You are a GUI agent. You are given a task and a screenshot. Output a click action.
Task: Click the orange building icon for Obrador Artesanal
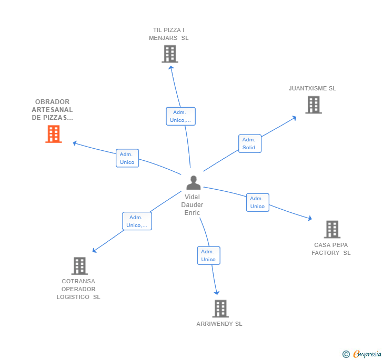(x=53, y=134)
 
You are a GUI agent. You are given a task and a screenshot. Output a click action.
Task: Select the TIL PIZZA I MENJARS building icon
(x=169, y=54)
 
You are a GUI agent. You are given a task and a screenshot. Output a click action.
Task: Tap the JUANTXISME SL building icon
(x=314, y=105)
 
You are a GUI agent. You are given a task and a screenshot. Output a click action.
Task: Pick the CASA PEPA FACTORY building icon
(x=331, y=229)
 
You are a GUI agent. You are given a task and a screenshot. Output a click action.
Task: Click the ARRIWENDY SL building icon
(x=220, y=308)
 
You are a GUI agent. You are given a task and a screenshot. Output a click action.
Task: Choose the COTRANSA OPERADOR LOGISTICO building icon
(x=79, y=266)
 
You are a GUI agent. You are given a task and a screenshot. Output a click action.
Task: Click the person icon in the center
(x=193, y=183)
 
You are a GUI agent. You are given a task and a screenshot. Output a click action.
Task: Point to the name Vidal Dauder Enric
(x=192, y=205)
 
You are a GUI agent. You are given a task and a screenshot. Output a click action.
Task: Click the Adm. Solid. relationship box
(x=249, y=143)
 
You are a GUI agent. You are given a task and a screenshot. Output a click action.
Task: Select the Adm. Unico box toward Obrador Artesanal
(x=127, y=158)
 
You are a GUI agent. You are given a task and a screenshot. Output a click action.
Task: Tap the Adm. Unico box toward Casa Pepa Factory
(x=257, y=202)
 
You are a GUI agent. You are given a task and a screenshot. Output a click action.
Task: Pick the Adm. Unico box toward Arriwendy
(x=208, y=255)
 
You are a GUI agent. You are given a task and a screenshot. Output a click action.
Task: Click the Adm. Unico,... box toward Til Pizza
(x=180, y=116)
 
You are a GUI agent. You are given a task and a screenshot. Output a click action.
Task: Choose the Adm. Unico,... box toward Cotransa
(x=137, y=221)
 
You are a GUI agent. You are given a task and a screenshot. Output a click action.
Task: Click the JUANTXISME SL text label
(x=312, y=88)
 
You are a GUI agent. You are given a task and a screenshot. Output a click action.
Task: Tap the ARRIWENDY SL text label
(x=219, y=324)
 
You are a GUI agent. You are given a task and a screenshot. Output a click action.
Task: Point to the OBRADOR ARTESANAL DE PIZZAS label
(x=53, y=110)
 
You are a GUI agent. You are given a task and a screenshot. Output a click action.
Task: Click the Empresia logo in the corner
(x=367, y=354)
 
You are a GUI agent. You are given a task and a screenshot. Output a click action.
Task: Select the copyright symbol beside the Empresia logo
(x=346, y=354)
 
